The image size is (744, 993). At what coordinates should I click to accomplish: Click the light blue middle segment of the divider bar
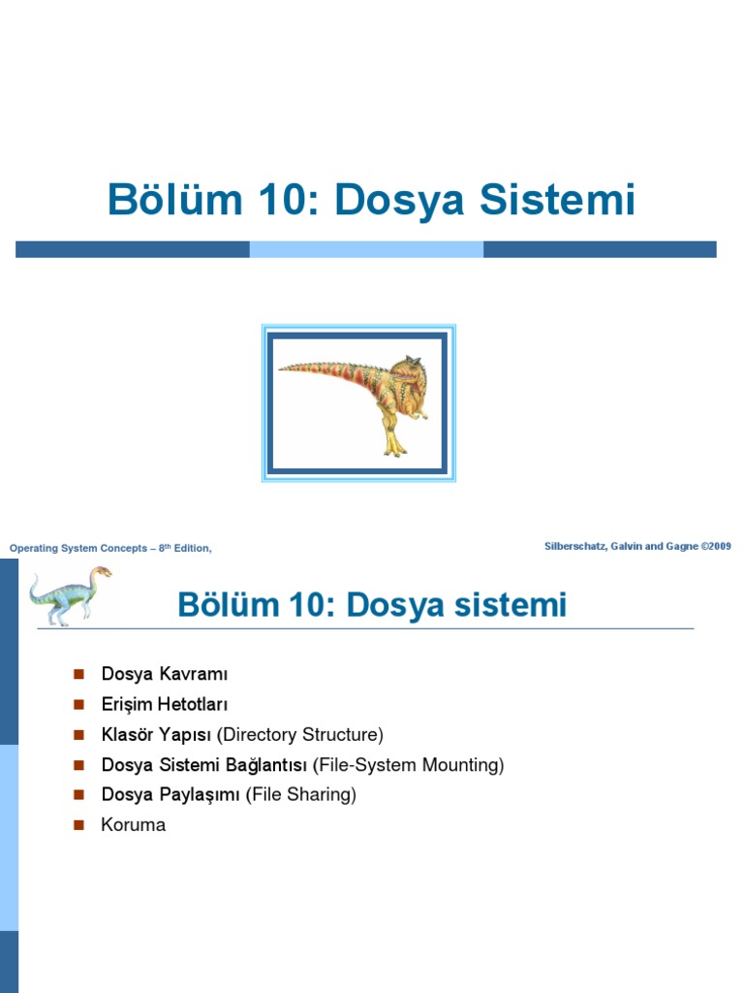click(x=366, y=249)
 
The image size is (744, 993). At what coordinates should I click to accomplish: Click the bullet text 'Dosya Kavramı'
click(x=164, y=674)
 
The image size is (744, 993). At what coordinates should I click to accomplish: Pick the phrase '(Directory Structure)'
click(x=300, y=734)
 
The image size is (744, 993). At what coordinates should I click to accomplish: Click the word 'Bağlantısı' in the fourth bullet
click(x=265, y=765)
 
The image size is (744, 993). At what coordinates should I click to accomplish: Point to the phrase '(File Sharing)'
click(x=301, y=795)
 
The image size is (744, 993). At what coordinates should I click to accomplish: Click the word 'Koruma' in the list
click(x=134, y=825)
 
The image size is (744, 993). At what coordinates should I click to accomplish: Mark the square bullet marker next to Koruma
click(x=79, y=825)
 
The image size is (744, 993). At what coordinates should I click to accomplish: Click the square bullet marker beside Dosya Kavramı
click(x=79, y=674)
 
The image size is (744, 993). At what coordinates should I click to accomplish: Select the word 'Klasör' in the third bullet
click(x=130, y=734)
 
